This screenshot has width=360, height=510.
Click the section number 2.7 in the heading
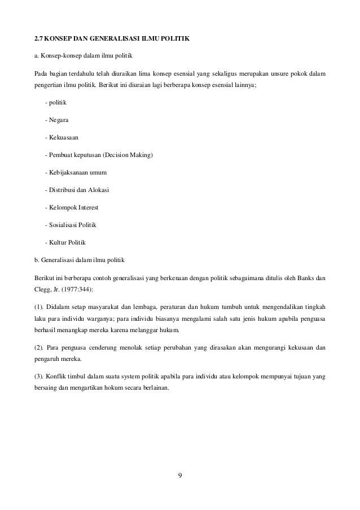pyautogui.click(x=39, y=39)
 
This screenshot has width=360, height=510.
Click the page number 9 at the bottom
pyautogui.click(x=180, y=473)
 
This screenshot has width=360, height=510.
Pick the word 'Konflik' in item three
pyautogui.click(x=60, y=377)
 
